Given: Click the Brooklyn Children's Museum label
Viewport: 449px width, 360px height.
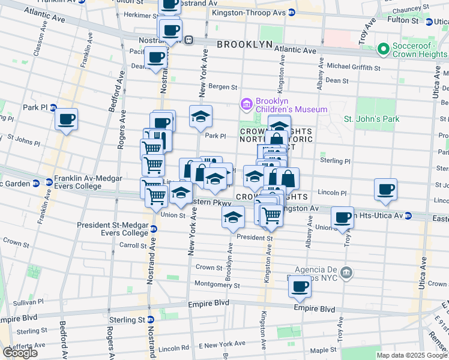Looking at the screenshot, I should tap(292, 106).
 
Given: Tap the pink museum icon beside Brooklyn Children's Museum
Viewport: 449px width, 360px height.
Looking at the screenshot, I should tap(246, 106).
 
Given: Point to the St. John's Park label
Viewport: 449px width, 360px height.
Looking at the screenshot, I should tap(371, 119).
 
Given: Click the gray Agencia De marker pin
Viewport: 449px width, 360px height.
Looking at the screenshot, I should tap(345, 274).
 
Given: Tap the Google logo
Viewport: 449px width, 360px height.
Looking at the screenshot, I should tap(20, 352).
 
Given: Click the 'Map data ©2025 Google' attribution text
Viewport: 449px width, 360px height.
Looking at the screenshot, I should tap(412, 355).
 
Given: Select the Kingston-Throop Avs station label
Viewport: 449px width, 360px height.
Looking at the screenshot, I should tap(251, 12).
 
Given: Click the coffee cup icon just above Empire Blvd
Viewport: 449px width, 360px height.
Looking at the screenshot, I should tap(300, 286).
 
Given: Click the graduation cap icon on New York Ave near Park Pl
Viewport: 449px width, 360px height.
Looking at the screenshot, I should tap(201, 116).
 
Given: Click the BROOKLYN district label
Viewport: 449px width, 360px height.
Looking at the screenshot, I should tap(245, 44).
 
